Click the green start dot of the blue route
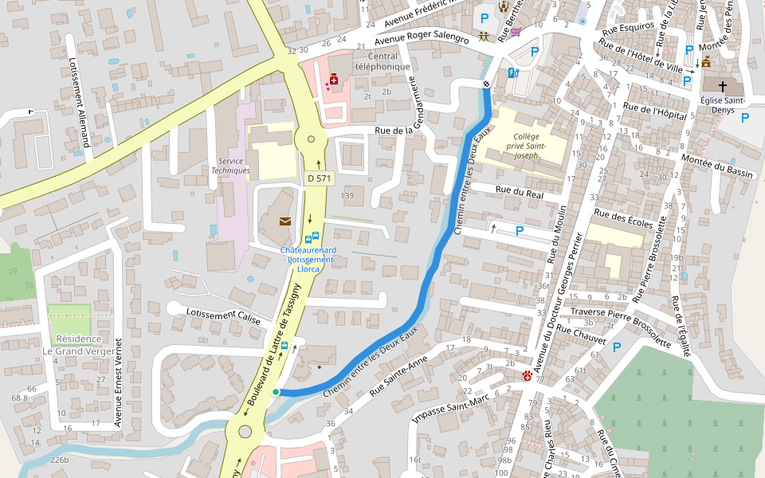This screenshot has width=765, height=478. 276,391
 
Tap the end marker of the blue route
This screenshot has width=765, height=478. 485,84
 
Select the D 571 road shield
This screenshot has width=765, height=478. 318,178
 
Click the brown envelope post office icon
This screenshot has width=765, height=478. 285,221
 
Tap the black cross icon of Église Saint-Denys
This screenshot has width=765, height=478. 724,85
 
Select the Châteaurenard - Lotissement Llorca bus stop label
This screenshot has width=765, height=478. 308,259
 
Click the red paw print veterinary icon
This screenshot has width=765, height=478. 527,375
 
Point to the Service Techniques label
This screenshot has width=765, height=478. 230,166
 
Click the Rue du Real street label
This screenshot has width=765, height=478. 519,192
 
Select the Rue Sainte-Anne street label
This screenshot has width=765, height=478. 399,377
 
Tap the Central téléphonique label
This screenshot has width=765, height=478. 382,61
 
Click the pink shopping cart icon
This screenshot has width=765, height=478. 516,32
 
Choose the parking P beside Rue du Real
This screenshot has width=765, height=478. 520,231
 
